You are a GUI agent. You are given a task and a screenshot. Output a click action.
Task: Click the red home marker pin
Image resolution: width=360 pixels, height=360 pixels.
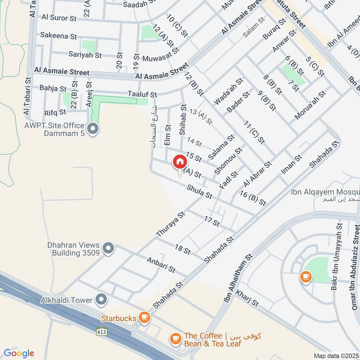179,162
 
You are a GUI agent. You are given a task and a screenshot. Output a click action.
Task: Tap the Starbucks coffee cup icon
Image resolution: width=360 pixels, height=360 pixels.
144,318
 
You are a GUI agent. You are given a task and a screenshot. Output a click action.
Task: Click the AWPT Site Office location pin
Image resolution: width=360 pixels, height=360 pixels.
94,130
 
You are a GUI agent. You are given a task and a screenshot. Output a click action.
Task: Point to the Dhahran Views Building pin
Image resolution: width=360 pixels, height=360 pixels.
108,248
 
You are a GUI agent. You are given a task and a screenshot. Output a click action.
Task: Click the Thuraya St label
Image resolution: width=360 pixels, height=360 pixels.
171,225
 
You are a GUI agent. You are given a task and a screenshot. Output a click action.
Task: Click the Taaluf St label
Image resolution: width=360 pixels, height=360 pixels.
142,95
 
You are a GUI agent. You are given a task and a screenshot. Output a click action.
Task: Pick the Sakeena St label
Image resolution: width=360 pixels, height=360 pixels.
58,35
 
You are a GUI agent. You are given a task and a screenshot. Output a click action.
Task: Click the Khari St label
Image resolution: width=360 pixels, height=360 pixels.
247,298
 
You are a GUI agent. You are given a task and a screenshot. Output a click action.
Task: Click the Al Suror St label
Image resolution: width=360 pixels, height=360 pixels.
59,18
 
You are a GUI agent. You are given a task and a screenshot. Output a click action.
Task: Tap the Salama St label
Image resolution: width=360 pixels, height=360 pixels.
221,147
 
